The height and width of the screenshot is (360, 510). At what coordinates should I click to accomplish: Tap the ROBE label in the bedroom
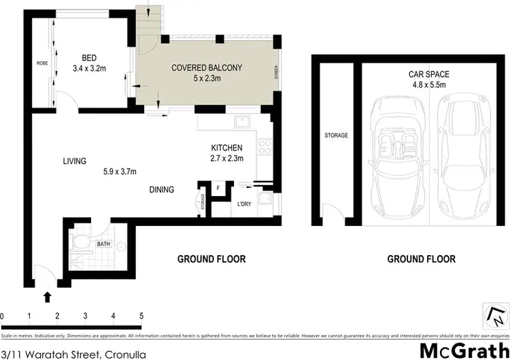pos(41,63)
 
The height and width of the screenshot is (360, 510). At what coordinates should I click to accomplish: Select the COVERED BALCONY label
pos(207,67)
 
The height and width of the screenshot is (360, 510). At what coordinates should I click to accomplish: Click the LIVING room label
pos(75,161)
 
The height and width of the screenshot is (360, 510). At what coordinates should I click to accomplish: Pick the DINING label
pos(162,190)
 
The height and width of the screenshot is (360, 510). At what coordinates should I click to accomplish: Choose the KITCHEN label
pos(227,148)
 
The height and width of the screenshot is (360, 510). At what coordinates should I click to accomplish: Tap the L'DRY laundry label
pos(245,204)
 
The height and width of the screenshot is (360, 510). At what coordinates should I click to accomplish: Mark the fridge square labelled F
pos(218,188)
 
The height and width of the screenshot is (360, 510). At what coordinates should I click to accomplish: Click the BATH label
pos(103,243)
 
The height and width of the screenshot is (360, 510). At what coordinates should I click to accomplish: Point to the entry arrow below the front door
pos(48,296)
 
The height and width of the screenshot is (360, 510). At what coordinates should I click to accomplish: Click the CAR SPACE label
pos(429,73)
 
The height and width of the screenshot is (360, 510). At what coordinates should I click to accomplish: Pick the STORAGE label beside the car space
pos(336,135)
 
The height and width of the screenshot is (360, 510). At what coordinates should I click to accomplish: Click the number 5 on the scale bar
pos(141,316)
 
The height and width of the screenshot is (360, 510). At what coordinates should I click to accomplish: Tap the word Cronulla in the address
pos(125,352)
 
